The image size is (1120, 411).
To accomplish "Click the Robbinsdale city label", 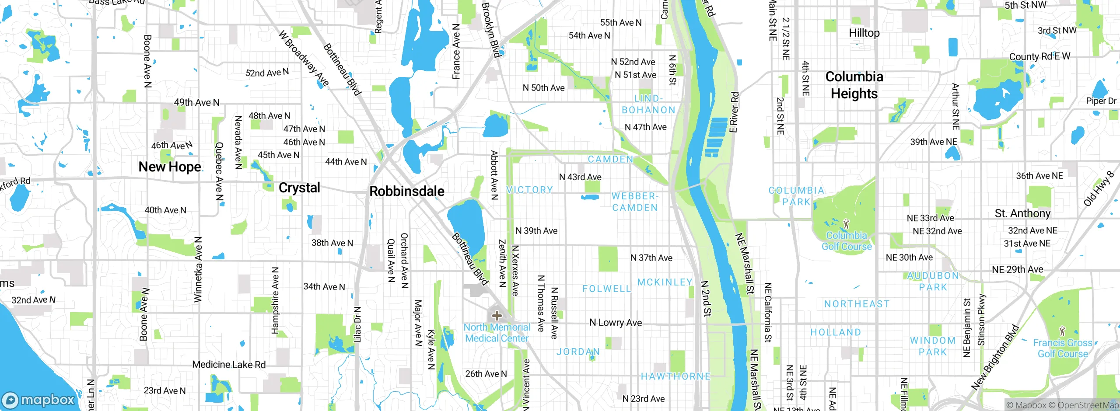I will click(407, 191).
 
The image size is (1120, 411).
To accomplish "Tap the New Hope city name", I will click(170, 167).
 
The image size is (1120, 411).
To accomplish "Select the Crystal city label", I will click(299, 188).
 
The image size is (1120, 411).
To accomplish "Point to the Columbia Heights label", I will click(854, 85).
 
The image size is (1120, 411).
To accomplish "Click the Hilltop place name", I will click(864, 33).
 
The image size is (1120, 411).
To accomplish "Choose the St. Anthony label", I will click(1022, 213).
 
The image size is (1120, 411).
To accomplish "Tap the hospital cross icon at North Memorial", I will click(497, 315).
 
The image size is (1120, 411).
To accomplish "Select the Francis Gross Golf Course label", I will click(1063, 348).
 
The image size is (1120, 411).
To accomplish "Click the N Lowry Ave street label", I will click(616, 323).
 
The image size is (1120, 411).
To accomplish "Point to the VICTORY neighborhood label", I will click(529, 190).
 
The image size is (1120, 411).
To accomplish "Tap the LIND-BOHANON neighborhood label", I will click(648, 104).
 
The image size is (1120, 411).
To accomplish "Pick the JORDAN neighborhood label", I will click(577, 352).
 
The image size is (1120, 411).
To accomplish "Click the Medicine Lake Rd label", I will click(229, 365).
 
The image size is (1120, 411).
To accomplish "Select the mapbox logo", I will click(38, 400).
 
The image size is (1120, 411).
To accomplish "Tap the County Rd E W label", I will click(1039, 56).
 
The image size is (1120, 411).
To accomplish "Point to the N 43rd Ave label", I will click(580, 177).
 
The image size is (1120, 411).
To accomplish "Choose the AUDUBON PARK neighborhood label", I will click(933, 282).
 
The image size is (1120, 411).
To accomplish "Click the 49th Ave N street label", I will click(196, 102).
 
